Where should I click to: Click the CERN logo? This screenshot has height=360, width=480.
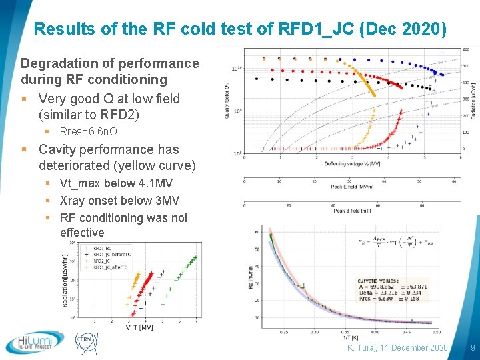point(87,342)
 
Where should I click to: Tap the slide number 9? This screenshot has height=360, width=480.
point(472,348)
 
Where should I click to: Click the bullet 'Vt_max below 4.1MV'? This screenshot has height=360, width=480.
point(117,183)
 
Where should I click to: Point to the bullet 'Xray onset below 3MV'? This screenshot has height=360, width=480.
point(119,201)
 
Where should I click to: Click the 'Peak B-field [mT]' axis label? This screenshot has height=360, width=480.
point(351,211)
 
